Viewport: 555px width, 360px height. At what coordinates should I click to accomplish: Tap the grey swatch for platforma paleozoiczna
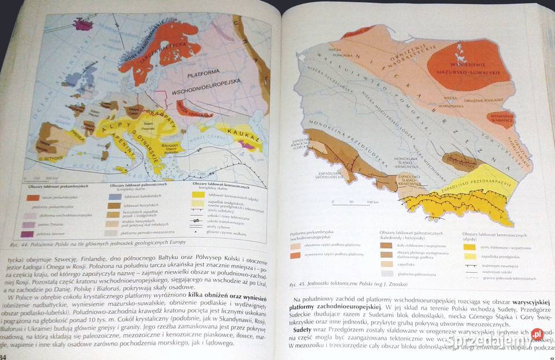tap(387, 272)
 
